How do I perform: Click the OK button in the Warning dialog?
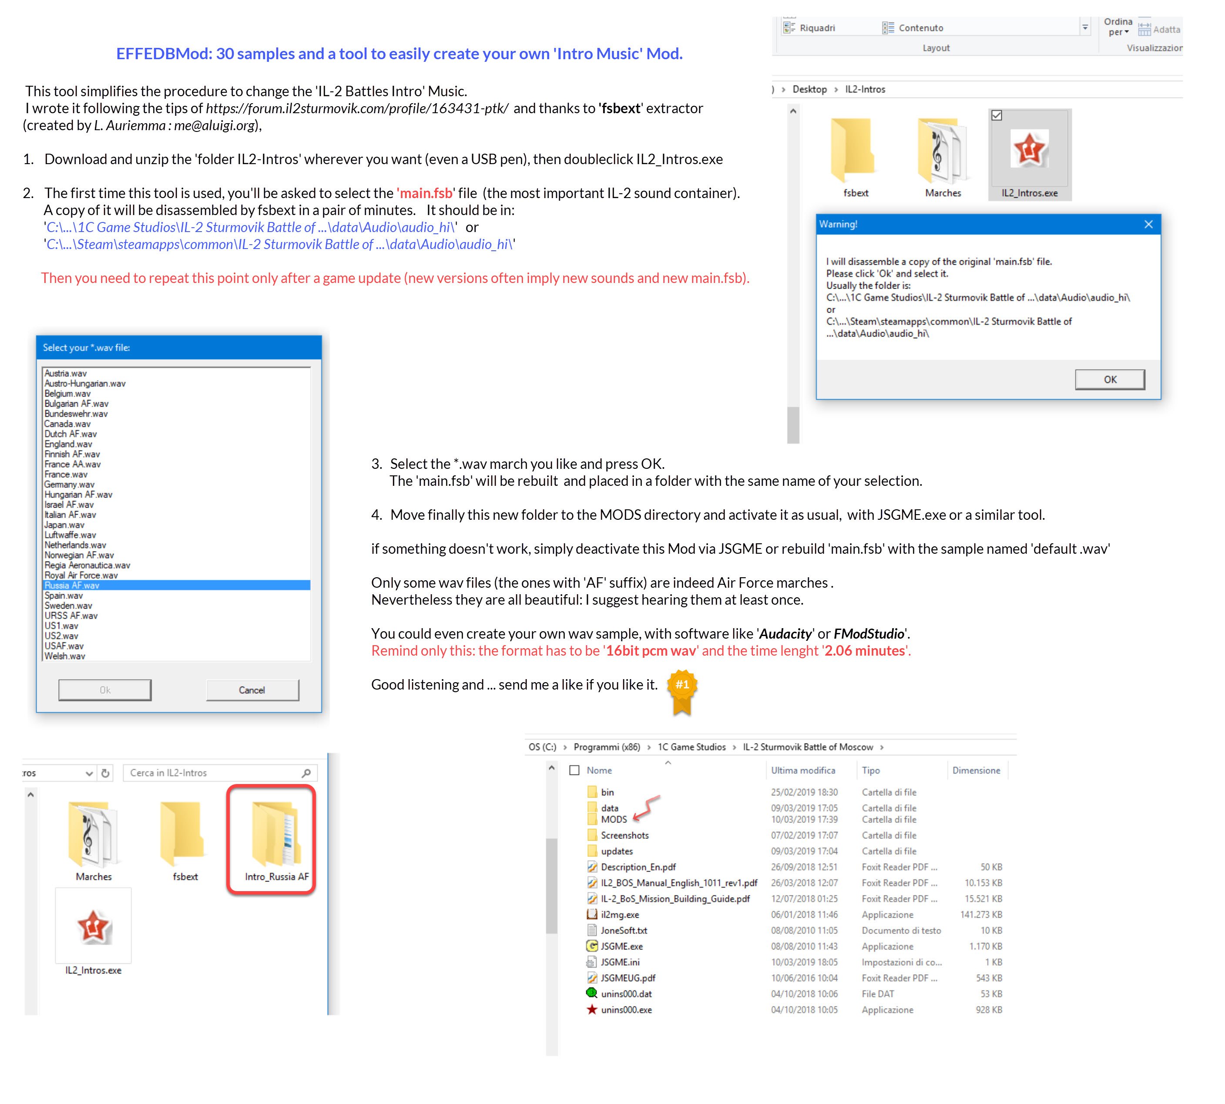1110,379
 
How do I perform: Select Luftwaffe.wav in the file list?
70,535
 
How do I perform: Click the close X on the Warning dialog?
1148,225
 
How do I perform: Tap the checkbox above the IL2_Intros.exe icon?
997,115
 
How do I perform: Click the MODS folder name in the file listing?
614,819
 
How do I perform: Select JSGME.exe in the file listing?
621,946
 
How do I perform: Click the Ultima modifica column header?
803,771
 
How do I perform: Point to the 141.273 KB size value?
980,915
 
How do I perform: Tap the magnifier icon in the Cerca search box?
306,773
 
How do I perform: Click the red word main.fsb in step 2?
426,193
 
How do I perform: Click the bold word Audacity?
785,634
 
